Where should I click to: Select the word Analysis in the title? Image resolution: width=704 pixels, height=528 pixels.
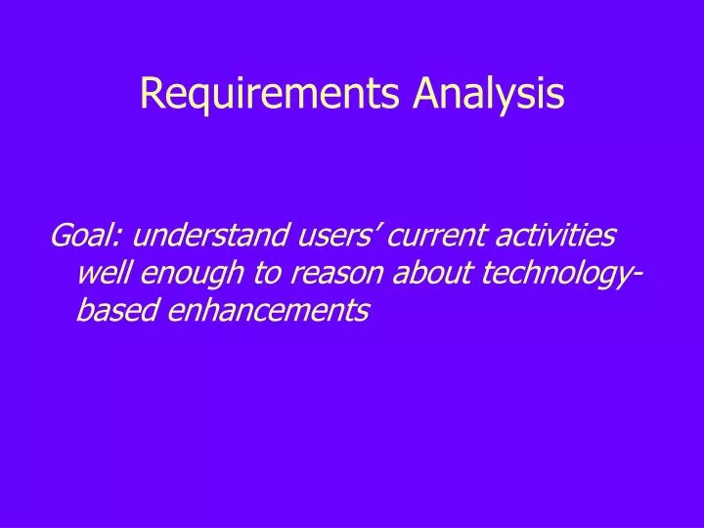(488, 94)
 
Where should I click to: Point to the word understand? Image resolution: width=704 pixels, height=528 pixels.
(198, 236)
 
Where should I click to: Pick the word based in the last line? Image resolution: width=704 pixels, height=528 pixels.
(110, 310)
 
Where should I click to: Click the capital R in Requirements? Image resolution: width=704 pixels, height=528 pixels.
(150, 93)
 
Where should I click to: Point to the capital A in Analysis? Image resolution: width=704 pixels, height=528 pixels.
(424, 93)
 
